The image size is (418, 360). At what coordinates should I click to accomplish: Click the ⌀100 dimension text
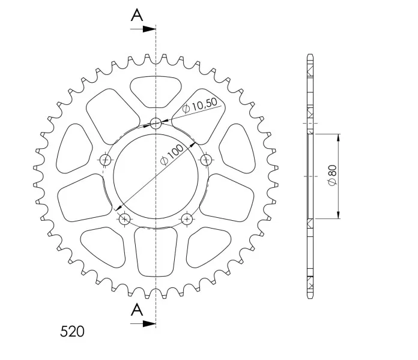172,155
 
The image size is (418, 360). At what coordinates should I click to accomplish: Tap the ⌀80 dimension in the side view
333,175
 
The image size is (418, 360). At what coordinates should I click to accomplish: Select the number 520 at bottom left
72,332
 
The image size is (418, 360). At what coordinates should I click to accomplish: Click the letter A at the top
137,15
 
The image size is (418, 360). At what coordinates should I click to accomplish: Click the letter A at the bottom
137,310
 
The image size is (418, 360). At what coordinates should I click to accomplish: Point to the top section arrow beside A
143,29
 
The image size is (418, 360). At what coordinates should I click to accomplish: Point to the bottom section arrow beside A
143,324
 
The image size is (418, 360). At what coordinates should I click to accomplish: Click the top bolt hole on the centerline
156,123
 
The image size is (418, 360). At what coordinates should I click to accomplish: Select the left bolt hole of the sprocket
105,160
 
